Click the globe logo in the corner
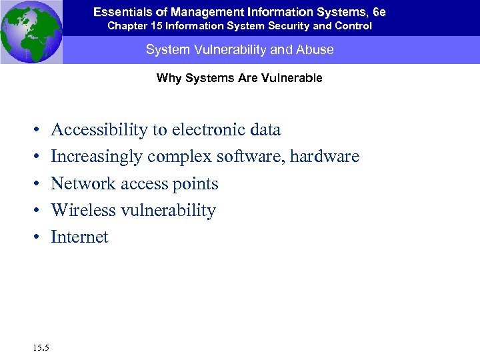(x=31, y=31)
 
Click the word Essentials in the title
(x=119, y=12)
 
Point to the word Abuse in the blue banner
(x=317, y=50)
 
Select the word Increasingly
(x=97, y=157)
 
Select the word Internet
(x=79, y=237)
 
